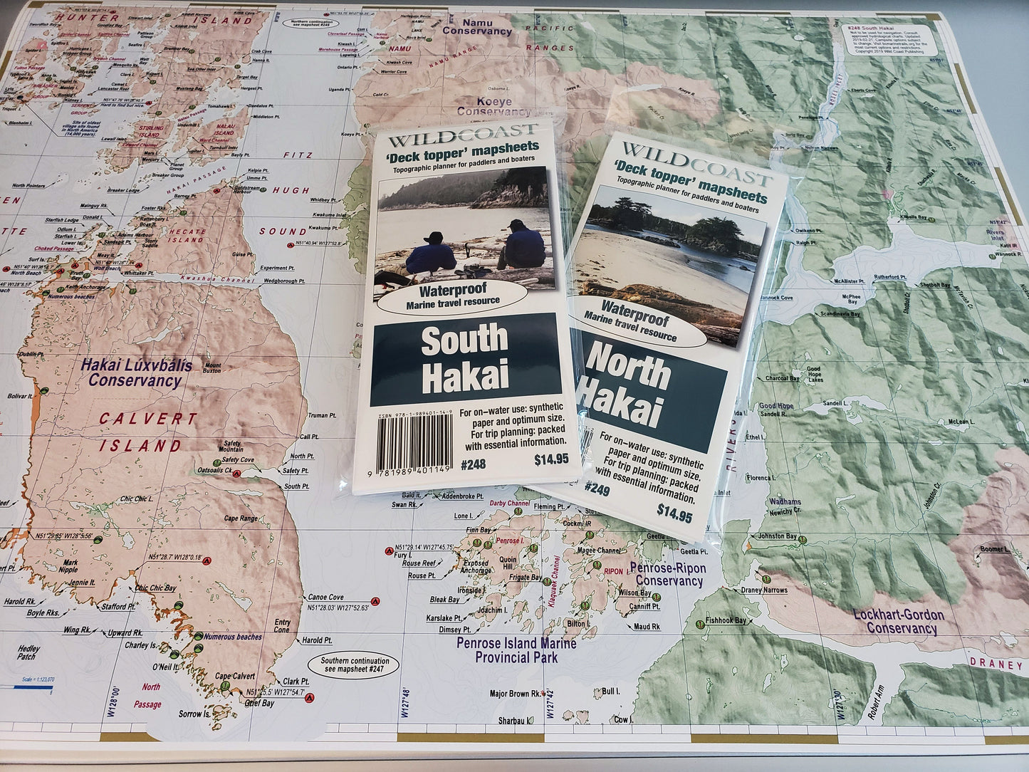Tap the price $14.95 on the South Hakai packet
(551, 459)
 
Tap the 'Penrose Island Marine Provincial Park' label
(516, 650)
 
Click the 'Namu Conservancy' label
(476, 27)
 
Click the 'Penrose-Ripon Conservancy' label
(668, 574)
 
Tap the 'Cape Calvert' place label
(235, 677)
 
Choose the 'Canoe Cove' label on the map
(325, 598)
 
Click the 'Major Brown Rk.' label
(514, 693)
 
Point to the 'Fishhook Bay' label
(726, 620)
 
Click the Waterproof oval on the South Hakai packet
(452, 296)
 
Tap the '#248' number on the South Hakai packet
(473, 463)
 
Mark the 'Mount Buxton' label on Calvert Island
(211, 368)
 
